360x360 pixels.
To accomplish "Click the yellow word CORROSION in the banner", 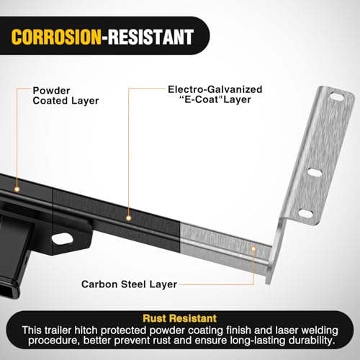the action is click(x=56, y=37).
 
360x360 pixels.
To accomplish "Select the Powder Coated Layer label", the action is click(x=66, y=96).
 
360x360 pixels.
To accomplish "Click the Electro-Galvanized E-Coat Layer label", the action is click(x=215, y=94).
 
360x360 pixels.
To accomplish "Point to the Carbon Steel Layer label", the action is click(x=129, y=284).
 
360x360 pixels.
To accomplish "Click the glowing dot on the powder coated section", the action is click(x=17, y=189).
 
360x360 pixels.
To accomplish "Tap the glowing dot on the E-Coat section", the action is click(x=129, y=218).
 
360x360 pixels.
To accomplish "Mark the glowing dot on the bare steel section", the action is click(x=253, y=248).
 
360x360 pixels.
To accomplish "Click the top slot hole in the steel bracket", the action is click(x=337, y=96).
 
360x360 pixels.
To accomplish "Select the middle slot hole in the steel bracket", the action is click(x=315, y=172).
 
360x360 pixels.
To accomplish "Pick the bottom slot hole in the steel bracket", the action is click(x=306, y=213).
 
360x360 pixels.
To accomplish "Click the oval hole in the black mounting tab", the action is click(x=62, y=238).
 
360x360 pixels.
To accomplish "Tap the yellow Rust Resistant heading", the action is click(x=180, y=318).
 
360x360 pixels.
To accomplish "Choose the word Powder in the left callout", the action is click(x=51, y=91).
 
